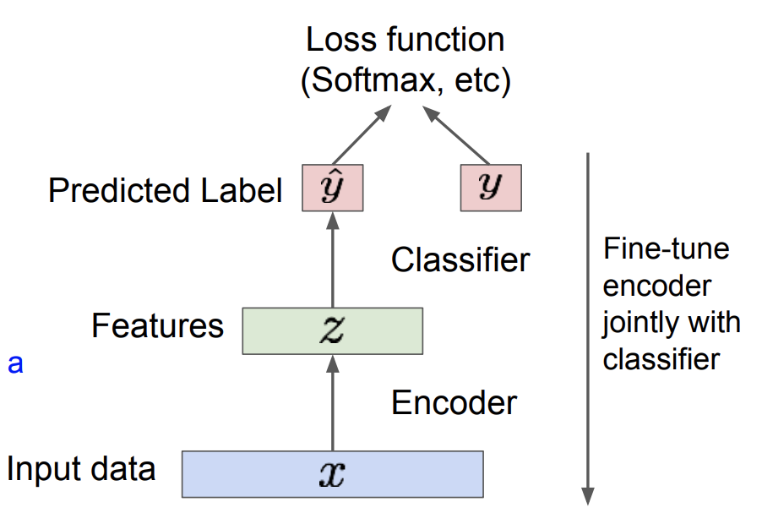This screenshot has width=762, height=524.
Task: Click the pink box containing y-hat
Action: coord(332,188)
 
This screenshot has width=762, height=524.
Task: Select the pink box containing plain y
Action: coord(491,188)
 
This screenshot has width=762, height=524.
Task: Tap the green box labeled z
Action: coord(332,330)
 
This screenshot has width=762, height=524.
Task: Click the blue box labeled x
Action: coord(332,474)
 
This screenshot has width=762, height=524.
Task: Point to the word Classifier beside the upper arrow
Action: coord(460,259)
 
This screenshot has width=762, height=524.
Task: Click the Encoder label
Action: coord(454,403)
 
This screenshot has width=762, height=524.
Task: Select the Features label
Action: coord(157,325)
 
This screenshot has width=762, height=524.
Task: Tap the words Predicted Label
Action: coord(166,190)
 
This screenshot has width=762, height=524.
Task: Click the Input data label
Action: coord(81,468)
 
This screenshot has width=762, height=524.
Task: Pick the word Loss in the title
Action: coord(341,40)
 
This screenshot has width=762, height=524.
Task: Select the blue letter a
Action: coord(15,363)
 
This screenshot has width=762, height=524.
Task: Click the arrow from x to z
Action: coord(332,402)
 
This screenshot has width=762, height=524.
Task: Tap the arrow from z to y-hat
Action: coord(332,259)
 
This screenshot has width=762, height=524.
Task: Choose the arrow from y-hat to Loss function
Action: coord(362,134)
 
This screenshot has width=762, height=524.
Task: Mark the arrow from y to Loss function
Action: coord(456,134)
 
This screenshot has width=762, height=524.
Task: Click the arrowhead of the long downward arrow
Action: coord(588,496)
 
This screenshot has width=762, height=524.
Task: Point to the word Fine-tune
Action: coord(667,248)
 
